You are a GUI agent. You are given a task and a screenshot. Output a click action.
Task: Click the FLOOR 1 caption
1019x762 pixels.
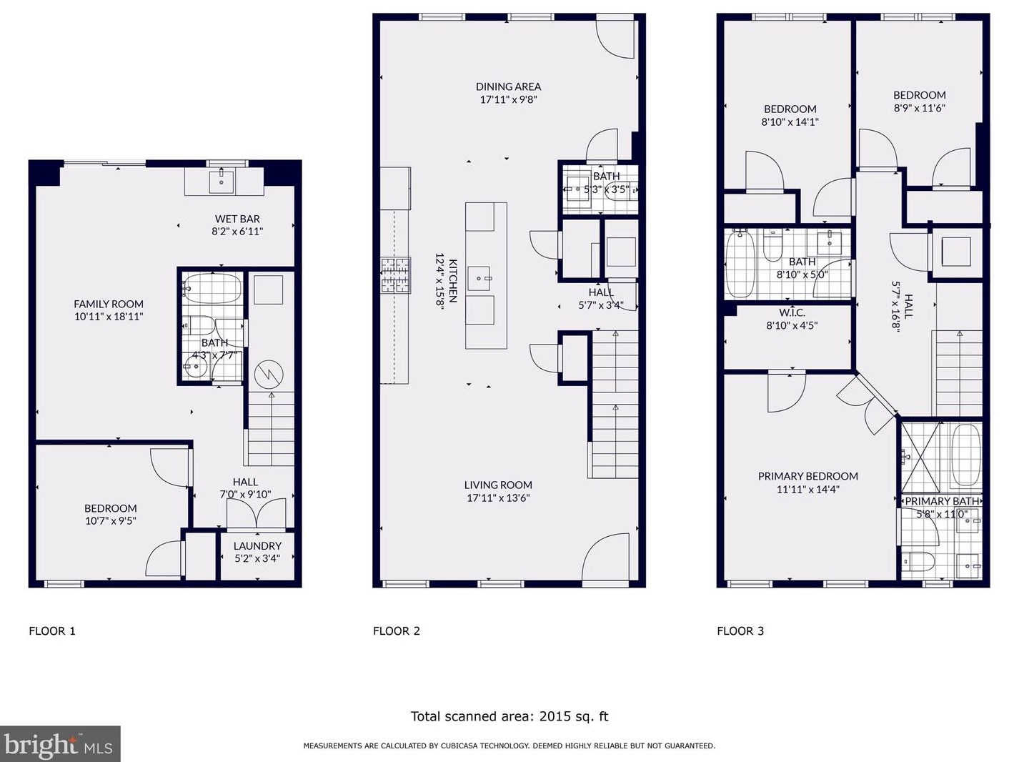coord(52,630)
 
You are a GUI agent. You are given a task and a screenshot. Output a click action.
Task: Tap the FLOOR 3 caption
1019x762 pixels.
coord(740,630)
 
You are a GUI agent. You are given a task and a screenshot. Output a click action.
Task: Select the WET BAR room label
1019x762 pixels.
coord(237,219)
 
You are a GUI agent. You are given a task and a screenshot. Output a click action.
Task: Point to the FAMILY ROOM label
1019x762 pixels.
coord(109,304)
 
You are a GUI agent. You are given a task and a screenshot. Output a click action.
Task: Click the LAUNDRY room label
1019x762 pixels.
coord(258,545)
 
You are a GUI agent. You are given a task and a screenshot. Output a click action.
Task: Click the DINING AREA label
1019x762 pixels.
coord(508,86)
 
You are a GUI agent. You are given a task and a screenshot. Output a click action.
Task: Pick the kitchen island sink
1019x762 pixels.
coord(479,279)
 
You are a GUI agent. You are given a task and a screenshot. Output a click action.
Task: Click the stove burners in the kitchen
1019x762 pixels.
coord(396,275)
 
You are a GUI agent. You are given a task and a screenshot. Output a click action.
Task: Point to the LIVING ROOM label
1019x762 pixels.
coord(498,485)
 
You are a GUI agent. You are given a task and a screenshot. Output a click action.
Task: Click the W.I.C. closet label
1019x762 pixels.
coord(792,312)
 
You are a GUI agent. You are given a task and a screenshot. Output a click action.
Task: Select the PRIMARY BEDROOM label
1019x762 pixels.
coord(807,476)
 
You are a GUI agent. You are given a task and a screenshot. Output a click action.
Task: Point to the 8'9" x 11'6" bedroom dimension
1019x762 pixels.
coord(919,108)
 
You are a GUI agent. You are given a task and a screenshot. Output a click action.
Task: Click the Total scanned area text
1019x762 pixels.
coord(509,716)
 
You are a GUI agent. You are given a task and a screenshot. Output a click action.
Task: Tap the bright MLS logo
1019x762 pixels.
coord(60,744)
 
